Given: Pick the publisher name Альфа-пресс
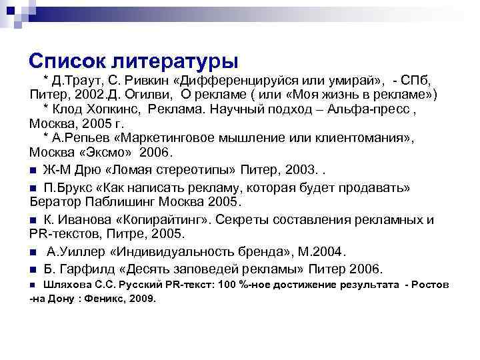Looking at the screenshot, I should [372, 109].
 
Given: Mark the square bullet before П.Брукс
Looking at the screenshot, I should [33, 187].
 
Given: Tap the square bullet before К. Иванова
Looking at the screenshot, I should [33, 220].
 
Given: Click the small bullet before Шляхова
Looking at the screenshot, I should [34, 285].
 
